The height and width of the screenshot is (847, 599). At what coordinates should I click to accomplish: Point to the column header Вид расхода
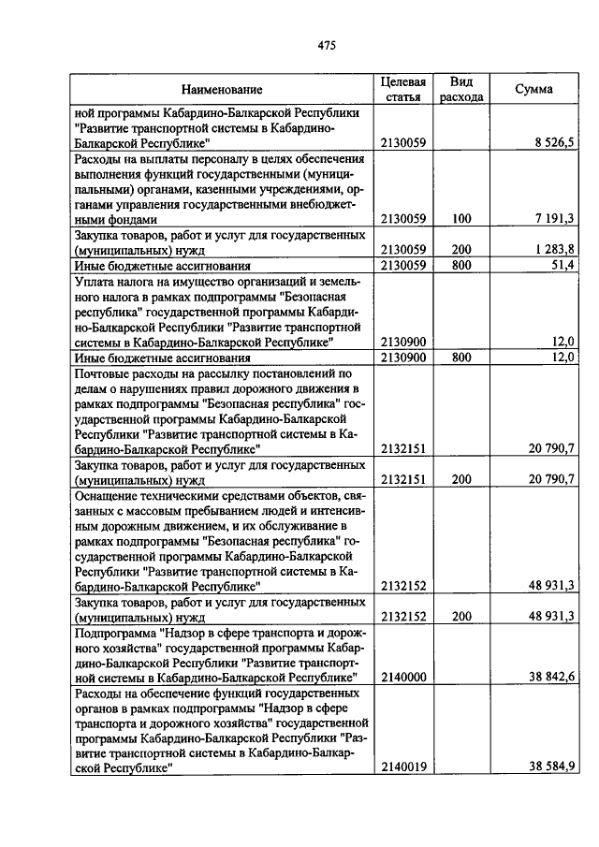click(x=460, y=90)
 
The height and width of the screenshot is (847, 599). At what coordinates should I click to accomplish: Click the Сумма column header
click(x=533, y=90)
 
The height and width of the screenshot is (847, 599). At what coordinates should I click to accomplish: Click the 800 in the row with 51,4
click(x=460, y=265)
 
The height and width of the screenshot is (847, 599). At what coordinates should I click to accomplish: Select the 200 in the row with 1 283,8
click(x=460, y=249)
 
